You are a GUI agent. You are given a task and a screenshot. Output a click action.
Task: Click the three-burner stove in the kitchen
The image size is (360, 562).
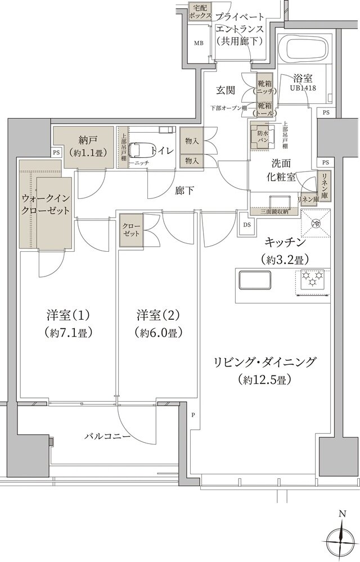coord(312,279)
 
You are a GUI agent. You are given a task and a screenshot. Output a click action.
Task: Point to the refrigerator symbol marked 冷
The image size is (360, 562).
coord(316,223)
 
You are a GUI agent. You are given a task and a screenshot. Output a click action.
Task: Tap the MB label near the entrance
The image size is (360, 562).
coord(199,43)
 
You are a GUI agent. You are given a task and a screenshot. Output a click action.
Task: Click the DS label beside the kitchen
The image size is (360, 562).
coord(247,225)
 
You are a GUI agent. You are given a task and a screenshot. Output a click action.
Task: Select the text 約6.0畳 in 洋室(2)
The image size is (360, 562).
coord(158,332)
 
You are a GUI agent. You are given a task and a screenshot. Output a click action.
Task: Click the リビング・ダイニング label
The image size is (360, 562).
coord(265,361)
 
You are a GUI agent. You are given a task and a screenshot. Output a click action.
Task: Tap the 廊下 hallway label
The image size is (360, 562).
coord(184,191)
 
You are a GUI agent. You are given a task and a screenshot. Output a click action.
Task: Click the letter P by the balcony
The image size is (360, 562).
coord(192,416)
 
